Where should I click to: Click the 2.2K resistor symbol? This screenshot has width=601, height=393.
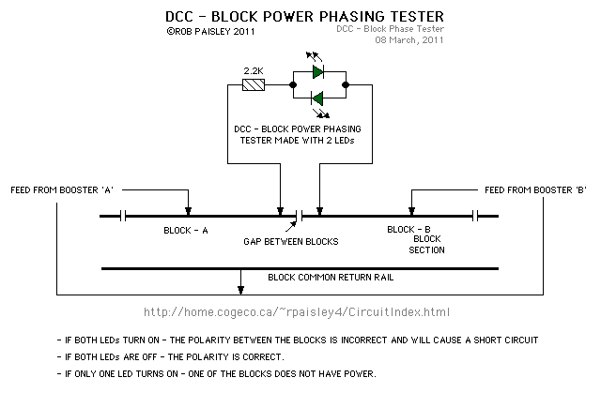(254, 84)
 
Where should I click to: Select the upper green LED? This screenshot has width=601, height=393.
(317, 71)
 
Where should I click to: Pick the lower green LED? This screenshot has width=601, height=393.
(317, 98)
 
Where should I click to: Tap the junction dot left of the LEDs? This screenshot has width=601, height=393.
(293, 84)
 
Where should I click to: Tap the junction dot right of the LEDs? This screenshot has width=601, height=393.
(346, 84)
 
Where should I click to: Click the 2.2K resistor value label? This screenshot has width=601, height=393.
(254, 70)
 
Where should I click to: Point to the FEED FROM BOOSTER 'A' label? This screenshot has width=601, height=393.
(62, 190)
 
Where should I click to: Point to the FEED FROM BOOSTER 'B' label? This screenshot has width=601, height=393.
(535, 190)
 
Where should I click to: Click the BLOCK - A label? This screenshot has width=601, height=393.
(186, 231)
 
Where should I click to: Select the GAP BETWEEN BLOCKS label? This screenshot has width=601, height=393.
(291, 241)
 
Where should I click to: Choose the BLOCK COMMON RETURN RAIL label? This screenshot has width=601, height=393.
(331, 277)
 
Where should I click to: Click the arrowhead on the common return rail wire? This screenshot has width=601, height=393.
(240, 290)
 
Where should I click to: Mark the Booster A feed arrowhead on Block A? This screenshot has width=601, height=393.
(188, 211)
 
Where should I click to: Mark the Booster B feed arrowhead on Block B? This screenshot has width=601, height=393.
(411, 211)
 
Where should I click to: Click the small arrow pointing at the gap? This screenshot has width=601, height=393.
(291, 227)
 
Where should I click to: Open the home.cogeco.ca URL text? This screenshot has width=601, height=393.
(297, 312)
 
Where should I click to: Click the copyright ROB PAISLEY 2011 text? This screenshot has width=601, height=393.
(210, 31)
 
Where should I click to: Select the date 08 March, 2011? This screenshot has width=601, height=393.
(409, 39)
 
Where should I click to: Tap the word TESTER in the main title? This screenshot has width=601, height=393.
(417, 17)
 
